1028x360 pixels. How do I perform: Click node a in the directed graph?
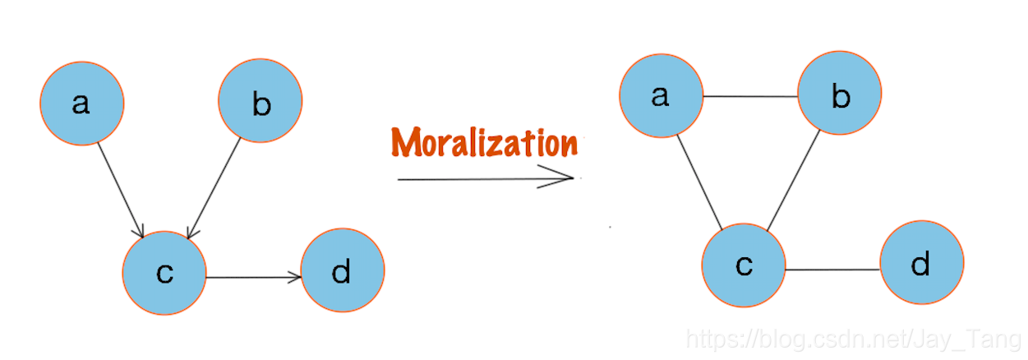coord(82,104)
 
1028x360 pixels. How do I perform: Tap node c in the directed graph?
coord(164,273)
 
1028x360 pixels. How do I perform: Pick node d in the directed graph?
coord(342,270)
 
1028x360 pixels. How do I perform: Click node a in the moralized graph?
coord(662,95)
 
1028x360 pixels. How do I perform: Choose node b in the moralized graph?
coord(839,95)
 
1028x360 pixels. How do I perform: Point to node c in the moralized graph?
coord(744,265)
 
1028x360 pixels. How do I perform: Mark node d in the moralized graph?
coord(921,263)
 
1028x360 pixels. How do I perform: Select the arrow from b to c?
coord(214,188)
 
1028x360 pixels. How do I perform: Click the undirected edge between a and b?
coord(750,96)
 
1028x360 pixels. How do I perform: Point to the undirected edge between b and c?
coord(793,181)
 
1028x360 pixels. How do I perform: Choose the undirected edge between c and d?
coord(832,270)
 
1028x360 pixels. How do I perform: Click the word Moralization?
coord(484,142)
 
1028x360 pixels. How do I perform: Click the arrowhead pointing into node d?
coord(297,278)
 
